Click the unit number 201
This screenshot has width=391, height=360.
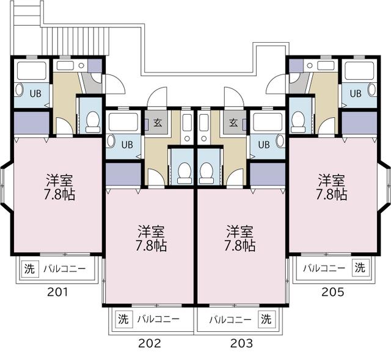(x=58, y=292)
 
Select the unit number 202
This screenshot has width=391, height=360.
(x=149, y=343)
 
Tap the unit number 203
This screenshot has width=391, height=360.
(x=241, y=343)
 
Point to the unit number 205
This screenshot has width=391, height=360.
(x=333, y=292)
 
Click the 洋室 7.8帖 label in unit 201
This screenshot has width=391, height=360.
(x=59, y=187)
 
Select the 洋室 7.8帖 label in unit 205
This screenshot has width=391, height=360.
(x=332, y=187)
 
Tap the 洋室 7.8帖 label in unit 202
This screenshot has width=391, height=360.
(x=152, y=239)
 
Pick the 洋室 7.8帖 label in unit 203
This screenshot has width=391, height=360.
(x=241, y=239)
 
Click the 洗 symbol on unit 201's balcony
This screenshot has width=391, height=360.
(x=29, y=268)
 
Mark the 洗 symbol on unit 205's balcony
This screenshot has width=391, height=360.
(x=361, y=268)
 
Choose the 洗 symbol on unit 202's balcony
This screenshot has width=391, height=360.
(x=123, y=319)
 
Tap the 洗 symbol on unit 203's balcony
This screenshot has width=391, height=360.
(x=266, y=319)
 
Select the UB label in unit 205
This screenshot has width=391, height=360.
(x=356, y=93)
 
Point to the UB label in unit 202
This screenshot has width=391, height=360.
(x=126, y=145)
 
